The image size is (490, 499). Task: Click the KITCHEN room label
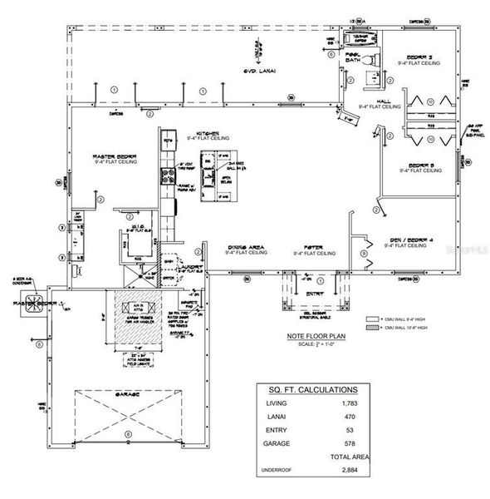tap(207, 132)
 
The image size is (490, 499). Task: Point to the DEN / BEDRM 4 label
tap(407, 240)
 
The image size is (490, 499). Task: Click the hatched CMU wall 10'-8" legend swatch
tap(372, 328)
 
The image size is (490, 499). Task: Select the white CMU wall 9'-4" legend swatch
tap(372, 318)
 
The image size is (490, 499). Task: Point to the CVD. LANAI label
tap(261, 72)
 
